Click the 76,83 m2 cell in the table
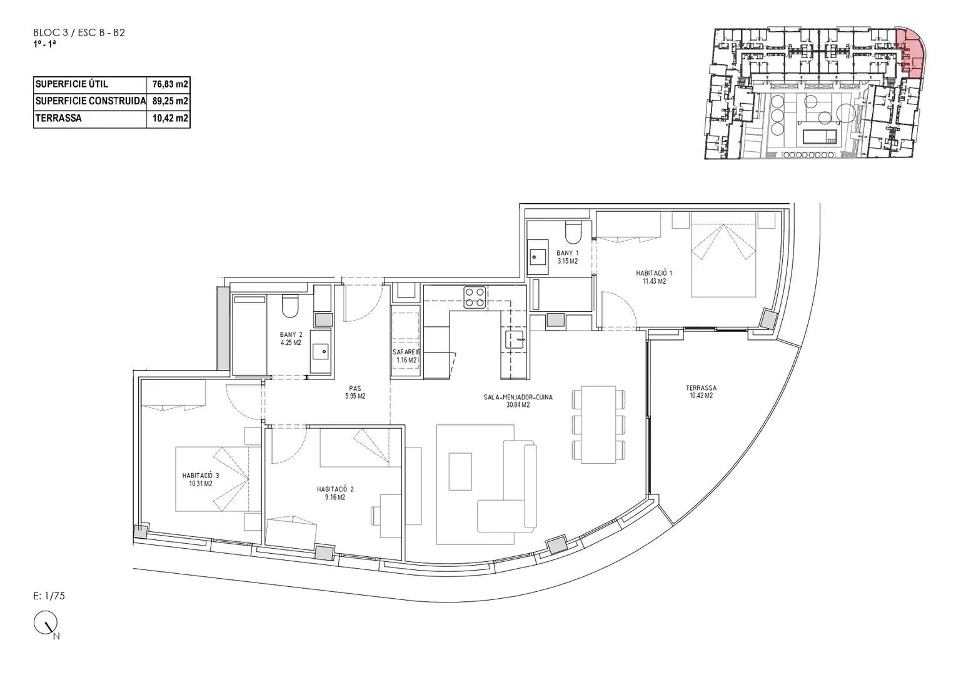170,84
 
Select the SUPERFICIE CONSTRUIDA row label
91,101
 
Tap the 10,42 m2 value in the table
170,118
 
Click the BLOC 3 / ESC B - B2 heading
79,33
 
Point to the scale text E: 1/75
49,596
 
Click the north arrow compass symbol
46,622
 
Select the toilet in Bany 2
289,307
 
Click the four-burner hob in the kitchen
475,297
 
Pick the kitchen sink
515,339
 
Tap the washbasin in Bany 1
538,257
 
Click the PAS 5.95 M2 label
355,392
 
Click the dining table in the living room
598,424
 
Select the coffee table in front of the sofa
460,471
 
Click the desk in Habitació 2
391,516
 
